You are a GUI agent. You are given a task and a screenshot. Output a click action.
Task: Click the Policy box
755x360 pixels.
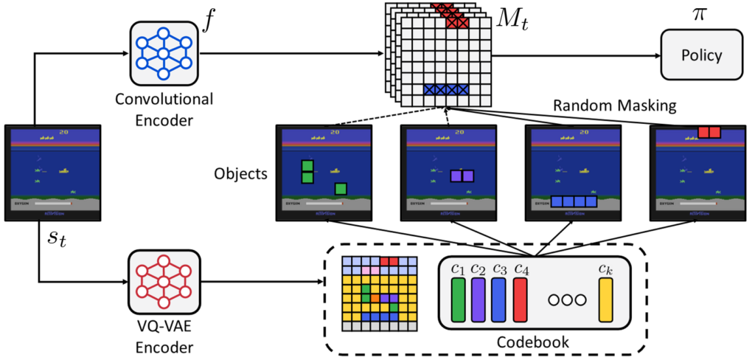(x=700, y=55)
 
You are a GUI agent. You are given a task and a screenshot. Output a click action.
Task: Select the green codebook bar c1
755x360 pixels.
(x=457, y=299)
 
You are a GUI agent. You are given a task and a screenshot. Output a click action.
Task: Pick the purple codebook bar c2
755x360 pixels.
(x=478, y=299)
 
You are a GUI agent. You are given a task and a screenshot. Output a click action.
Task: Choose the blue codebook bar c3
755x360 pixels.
(x=499, y=299)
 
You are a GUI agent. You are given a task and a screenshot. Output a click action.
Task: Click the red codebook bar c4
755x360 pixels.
(x=521, y=299)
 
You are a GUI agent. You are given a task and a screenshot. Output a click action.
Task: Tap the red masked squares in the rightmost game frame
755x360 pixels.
(x=708, y=132)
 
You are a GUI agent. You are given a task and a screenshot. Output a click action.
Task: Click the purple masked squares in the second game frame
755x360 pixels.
(x=462, y=176)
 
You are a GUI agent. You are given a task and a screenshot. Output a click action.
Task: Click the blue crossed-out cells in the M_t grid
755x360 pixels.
(x=446, y=89)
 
